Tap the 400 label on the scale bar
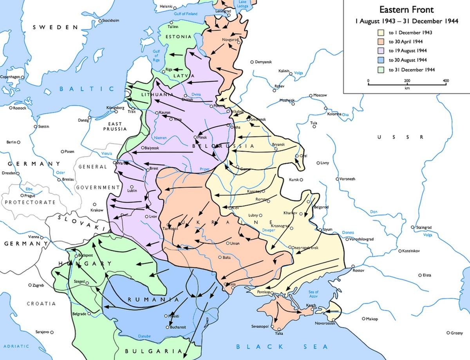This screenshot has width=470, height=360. pos(445,81)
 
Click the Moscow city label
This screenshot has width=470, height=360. pos(320,95)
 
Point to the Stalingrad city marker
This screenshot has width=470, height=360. pos(412,227)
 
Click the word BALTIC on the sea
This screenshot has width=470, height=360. pos(87,89)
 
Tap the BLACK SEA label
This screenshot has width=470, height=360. pos(281,347)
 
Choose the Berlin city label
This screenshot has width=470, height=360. pos(11,142)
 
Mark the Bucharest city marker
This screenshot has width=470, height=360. pos(168,327)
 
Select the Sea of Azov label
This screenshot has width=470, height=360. pos(314,294)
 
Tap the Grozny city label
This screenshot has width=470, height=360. pos(457,333)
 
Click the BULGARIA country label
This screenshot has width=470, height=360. pos(153,351)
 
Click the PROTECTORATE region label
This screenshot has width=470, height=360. pos(30,202)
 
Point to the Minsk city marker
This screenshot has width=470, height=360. pos(195,137)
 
